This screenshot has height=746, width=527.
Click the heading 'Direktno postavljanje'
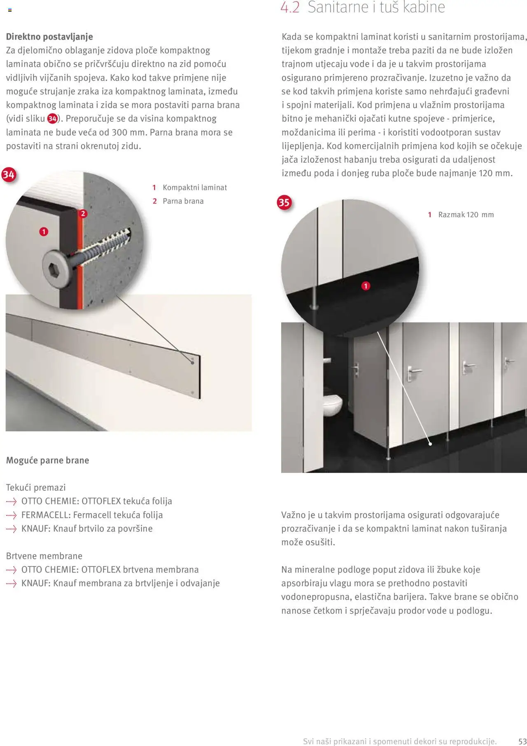(49, 37)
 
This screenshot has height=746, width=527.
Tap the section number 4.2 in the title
(290, 7)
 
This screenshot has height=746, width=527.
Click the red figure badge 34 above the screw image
(9, 175)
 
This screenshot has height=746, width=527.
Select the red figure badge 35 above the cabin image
(284, 202)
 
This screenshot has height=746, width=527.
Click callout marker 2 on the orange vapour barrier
(83, 213)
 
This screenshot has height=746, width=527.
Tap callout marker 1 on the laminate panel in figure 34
(44, 232)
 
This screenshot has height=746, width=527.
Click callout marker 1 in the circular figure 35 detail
(366, 286)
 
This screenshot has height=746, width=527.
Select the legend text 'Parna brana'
(183, 201)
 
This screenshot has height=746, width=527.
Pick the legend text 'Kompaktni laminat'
(195, 187)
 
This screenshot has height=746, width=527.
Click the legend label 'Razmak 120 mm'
(466, 215)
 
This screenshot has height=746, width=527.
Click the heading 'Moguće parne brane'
(47, 460)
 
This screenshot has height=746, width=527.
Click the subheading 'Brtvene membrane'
(44, 556)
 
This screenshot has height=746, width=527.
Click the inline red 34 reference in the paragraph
(52, 119)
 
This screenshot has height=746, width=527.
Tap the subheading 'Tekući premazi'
(36, 487)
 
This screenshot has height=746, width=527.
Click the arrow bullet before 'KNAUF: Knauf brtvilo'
(11, 529)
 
